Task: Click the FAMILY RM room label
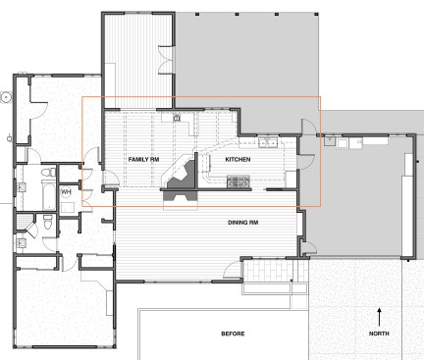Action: point(144,158)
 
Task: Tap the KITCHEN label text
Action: point(238,159)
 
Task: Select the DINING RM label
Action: point(243,223)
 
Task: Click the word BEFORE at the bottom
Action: point(233,334)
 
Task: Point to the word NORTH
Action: point(380,334)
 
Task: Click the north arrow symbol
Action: point(380,316)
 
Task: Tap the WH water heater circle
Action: point(66,192)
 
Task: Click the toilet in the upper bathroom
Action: point(46,176)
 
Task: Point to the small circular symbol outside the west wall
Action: point(7,97)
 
